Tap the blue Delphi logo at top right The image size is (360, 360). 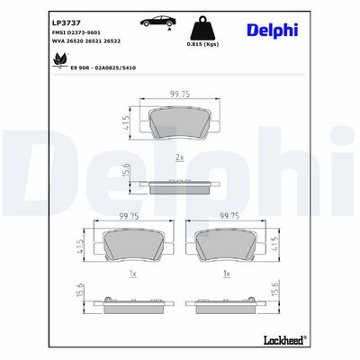[273, 31]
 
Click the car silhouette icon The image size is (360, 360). [158, 22]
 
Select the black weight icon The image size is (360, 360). [202, 28]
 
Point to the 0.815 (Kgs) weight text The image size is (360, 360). [202, 44]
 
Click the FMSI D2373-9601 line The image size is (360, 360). [76, 32]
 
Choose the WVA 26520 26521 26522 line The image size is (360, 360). [86, 41]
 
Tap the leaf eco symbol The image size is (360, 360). [59, 60]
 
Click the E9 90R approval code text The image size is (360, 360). [103, 68]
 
